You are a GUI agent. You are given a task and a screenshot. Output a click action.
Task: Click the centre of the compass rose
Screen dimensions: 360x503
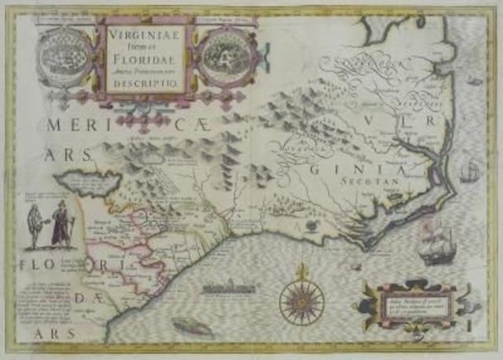pyautogui.click(x=298, y=299)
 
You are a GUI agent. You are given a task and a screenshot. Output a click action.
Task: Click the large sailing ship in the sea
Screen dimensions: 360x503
pyautogui.click(x=437, y=247)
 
